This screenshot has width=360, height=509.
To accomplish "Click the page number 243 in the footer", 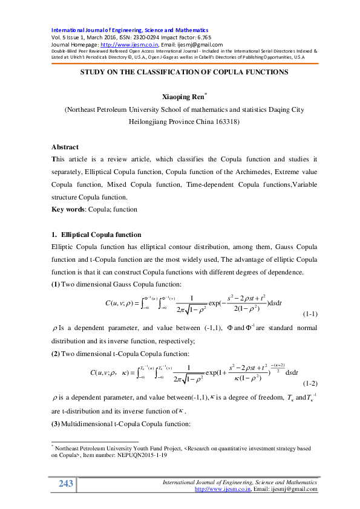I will coord(65,484).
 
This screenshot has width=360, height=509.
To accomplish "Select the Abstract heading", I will coord(65,147).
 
